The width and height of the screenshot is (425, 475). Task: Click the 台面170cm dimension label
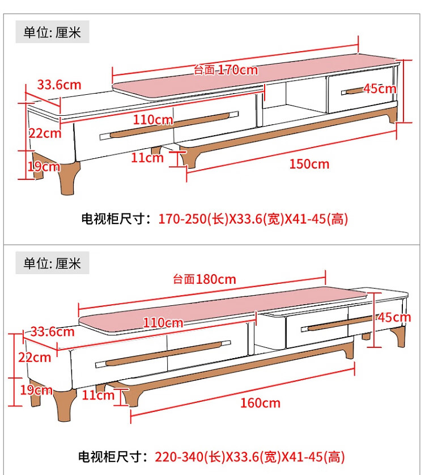pos(226,70)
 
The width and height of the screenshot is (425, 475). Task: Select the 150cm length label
pos(309,164)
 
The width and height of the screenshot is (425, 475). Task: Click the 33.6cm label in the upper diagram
pos(59,85)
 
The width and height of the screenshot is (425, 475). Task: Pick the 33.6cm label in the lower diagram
pos(52,331)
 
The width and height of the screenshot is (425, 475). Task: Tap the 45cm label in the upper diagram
pos(380,89)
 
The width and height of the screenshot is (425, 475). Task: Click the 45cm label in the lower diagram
pos(394,317)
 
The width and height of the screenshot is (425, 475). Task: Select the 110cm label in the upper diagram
pos(153,119)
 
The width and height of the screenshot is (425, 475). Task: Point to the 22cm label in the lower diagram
pos(35,357)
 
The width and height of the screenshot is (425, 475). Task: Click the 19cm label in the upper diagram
pos(44,166)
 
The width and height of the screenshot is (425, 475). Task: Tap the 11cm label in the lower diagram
pos(98,395)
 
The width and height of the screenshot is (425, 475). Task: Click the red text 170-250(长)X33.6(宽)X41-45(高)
pos(253,218)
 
